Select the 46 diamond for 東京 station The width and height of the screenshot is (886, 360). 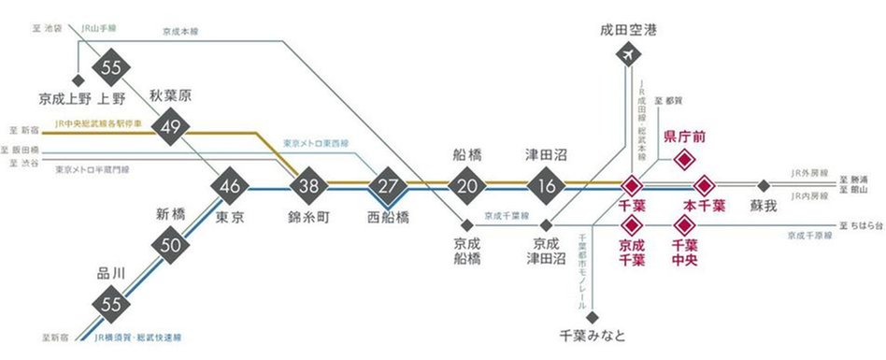coord(230,184)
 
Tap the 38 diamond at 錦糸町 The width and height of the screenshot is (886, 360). coord(309,184)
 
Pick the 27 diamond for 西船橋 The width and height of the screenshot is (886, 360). coord(387,184)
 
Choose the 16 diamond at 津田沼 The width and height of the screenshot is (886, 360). coord(544,184)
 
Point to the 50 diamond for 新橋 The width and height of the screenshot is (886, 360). coord(169,245)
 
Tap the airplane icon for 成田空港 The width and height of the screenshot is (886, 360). coord(628,55)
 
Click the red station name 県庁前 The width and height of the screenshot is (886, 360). coord(684,137)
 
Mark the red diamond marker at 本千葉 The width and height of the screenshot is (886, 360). coord(703,184)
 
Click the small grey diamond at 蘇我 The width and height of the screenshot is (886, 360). coord(764,184)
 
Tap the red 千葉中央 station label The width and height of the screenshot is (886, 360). coord(685,252)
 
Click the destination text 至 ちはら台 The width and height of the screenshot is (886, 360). coord(861,225)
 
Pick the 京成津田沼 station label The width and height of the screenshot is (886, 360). coord(544,255)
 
